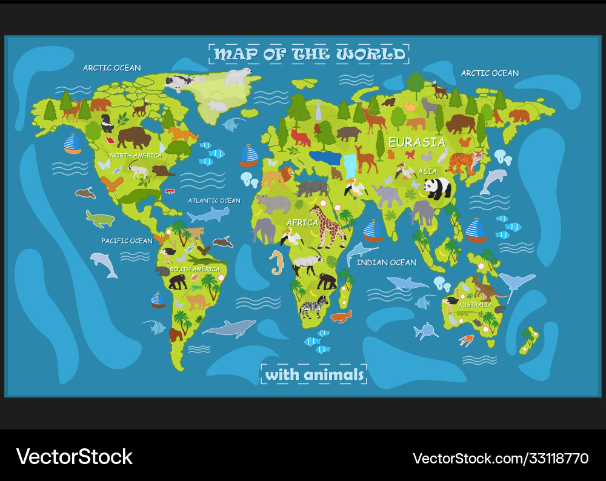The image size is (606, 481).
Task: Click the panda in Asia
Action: pos(437,188)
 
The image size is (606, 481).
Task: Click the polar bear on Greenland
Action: pos(238,77)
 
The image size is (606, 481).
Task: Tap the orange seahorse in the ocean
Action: pos(278,262)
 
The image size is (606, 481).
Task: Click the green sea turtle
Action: pos(99,219)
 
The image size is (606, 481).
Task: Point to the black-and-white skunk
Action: pos(107,124)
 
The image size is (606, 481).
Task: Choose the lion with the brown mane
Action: pos(278,176)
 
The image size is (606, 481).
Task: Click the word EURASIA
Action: pos(417,142)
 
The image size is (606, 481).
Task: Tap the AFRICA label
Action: pos(302,223)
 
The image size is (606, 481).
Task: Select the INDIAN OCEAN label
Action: pos(387,262)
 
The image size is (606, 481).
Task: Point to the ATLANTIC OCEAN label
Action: pos(214,201)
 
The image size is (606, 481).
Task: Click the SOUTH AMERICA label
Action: pos(195,269)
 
